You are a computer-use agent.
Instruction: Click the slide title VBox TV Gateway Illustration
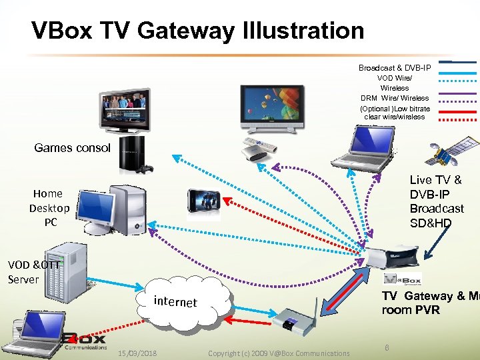pyautogui.click(x=197, y=31)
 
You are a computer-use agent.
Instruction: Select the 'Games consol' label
pyautogui.click(x=72, y=148)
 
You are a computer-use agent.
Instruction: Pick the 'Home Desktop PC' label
pyautogui.click(x=49, y=207)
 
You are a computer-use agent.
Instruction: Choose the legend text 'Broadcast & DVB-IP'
pyautogui.click(x=394, y=68)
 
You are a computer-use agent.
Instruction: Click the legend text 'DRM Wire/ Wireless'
pyautogui.click(x=395, y=98)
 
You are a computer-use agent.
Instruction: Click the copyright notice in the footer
pyautogui.click(x=278, y=353)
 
